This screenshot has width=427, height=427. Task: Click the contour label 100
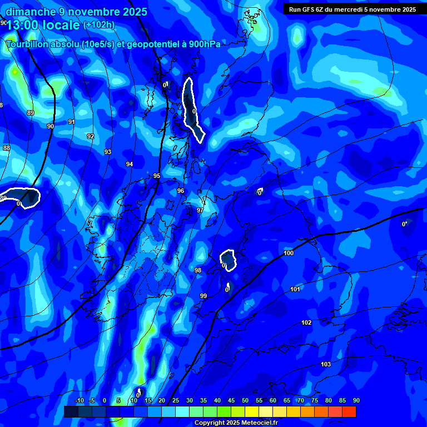289,253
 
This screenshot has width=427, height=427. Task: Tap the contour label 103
326,364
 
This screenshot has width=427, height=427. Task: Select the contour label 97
200,210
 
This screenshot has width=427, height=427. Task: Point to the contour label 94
130,164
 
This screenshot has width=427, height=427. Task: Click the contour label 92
91,136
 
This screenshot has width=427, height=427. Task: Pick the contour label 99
203,296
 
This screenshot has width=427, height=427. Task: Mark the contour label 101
295,289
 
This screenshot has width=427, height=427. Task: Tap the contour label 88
7,148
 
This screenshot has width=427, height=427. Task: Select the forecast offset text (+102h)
99,25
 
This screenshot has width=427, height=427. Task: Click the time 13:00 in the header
25,24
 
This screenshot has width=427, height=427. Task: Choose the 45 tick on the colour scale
231,401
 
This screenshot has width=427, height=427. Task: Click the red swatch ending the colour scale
349,411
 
